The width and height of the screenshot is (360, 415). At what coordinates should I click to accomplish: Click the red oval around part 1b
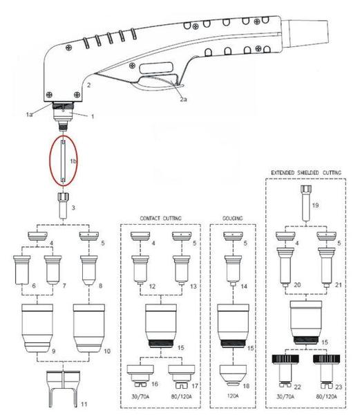coord(50,161)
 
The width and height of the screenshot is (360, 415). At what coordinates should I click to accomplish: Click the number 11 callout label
coord(84,404)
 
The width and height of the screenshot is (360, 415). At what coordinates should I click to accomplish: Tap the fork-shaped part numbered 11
coord(63,388)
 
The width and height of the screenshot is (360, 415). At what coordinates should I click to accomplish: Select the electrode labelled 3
coord(63,205)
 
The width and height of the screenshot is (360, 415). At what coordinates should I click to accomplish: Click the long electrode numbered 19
coord(306,203)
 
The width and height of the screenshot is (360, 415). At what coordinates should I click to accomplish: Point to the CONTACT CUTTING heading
coord(160,219)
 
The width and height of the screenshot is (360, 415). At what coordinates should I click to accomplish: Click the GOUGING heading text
coord(233,219)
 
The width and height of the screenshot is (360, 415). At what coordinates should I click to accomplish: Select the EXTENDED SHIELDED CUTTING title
coord(306,172)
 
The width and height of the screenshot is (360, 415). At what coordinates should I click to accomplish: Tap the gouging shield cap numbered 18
coord(233,374)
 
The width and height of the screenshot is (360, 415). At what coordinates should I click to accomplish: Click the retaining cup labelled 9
coord(37,328)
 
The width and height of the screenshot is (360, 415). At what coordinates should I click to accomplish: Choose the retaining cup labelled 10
coord(89,328)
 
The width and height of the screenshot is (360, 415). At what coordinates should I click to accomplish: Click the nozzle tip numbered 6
coord(21,270)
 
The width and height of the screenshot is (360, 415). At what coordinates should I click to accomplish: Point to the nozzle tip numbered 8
coord(89,270)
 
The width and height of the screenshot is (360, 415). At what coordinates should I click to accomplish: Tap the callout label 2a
coord(183,99)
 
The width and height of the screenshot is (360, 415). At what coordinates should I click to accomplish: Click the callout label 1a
coord(29,115)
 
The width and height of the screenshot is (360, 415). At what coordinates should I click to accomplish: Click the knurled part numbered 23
coord(327,371)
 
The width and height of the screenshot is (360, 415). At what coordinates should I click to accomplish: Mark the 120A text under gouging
coord(233,396)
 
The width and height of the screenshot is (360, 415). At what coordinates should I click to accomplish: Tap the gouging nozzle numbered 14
coord(233,270)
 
